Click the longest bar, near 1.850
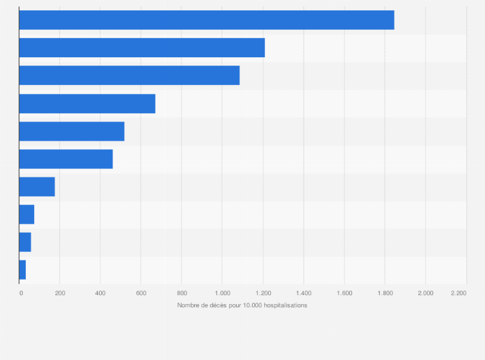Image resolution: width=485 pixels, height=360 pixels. [x=206, y=20]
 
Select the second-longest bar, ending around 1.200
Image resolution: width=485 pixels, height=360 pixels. [x=142, y=48]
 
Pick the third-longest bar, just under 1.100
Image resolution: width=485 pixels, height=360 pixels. [x=129, y=75]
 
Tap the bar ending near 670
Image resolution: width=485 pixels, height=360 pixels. [x=87, y=104]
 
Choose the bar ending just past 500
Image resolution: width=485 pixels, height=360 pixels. [x=71, y=131]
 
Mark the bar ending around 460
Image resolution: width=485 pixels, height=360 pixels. [x=66, y=159]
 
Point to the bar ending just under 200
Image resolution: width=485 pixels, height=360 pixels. [x=37, y=186]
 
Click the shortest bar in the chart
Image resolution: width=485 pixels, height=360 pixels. [x=23, y=270]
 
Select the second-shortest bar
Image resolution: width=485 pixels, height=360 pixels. [x=25, y=242]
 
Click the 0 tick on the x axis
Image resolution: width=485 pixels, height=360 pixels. [x=21, y=293]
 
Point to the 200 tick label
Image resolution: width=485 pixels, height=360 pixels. [x=60, y=293]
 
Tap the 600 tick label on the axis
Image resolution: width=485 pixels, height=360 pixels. [x=141, y=293]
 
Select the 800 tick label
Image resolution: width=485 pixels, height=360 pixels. [x=181, y=293]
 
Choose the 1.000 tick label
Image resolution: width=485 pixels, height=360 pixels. [x=222, y=293]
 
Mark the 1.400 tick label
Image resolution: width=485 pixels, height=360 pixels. [x=304, y=293]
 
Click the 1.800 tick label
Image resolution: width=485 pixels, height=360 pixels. [x=385, y=293]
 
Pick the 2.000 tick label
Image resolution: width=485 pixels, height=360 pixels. [x=425, y=293]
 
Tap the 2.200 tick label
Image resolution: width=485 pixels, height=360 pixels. [x=458, y=293]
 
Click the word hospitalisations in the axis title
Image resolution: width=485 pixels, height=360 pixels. [x=284, y=305]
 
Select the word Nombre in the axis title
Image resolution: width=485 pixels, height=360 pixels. [x=188, y=305]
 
